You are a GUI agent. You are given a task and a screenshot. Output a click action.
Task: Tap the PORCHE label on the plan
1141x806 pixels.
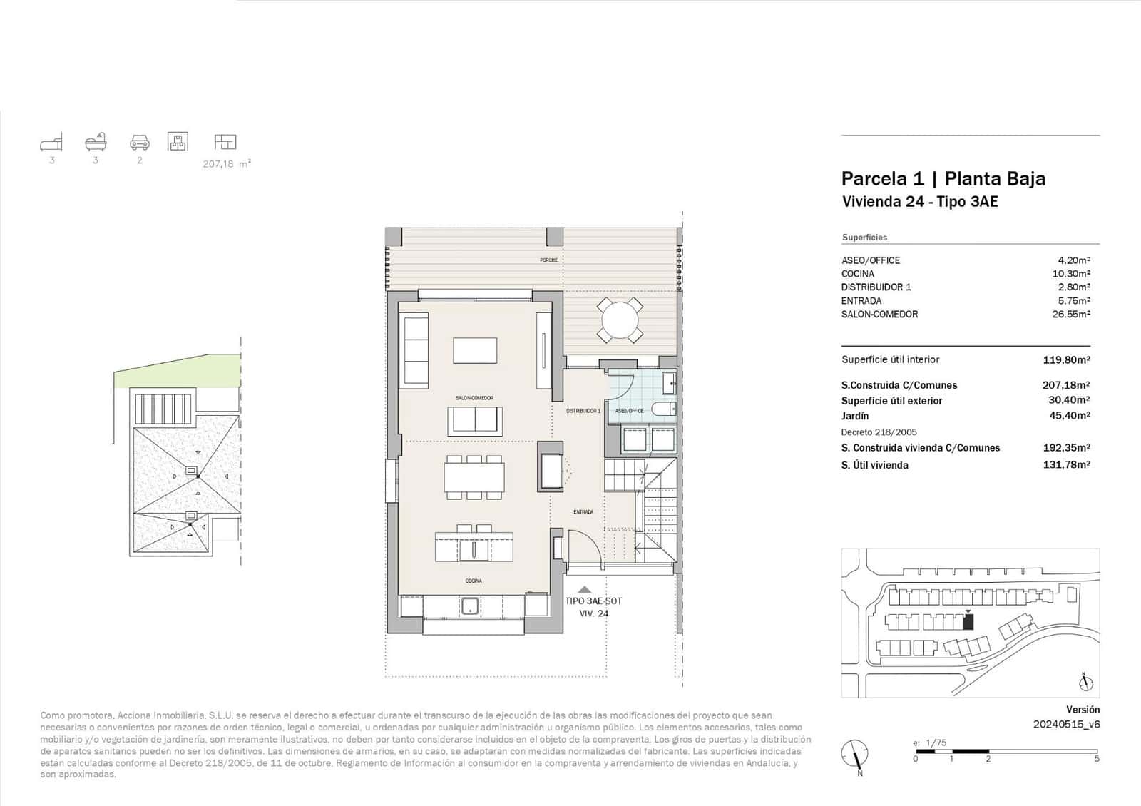point(548,260)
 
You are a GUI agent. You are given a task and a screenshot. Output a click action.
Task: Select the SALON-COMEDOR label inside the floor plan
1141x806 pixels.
point(474,398)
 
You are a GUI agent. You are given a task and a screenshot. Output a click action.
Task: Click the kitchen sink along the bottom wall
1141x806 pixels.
point(470,606)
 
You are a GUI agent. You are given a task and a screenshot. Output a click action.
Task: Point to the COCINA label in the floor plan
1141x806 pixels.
point(474,581)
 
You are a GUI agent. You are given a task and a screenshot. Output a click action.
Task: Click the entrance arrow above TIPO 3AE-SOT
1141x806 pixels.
point(584,589)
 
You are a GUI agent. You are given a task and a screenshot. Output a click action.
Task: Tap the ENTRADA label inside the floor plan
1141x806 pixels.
point(583,512)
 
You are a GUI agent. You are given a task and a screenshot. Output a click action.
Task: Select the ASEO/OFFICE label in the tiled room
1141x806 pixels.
point(629,411)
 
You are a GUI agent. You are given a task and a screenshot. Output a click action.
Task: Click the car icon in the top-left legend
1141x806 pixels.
point(140,143)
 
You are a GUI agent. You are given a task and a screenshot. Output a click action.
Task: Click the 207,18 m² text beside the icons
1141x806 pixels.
point(227,164)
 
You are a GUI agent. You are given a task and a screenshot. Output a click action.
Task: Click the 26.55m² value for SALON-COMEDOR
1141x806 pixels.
point(1070,314)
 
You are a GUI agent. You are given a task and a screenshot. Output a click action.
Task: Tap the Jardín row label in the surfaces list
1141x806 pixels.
point(855,416)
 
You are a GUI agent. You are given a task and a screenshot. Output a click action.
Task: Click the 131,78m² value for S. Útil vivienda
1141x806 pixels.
point(1065,465)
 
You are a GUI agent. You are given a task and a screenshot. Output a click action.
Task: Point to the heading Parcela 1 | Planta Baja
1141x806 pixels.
point(943,178)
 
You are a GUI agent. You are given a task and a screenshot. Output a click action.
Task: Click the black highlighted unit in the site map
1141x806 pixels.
point(968,622)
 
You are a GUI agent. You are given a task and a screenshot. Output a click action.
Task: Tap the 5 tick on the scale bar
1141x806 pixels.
point(1097,759)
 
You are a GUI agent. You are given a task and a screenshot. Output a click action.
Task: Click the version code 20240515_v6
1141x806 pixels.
point(1066,724)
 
